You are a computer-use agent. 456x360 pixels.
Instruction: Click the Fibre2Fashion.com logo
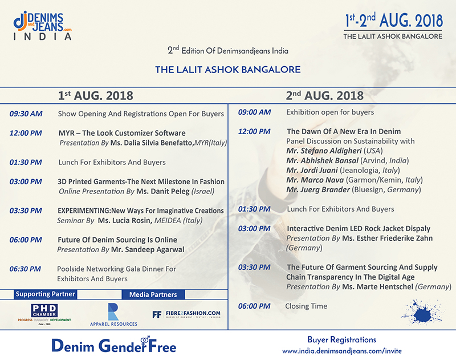186,314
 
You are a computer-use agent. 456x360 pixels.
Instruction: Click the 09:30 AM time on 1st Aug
26,114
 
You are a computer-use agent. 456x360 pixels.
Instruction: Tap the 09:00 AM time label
254,112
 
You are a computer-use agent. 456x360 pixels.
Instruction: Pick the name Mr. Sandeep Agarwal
142,249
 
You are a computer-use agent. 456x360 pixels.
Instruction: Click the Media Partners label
153,294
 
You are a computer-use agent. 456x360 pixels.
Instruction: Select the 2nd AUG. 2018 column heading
324,95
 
